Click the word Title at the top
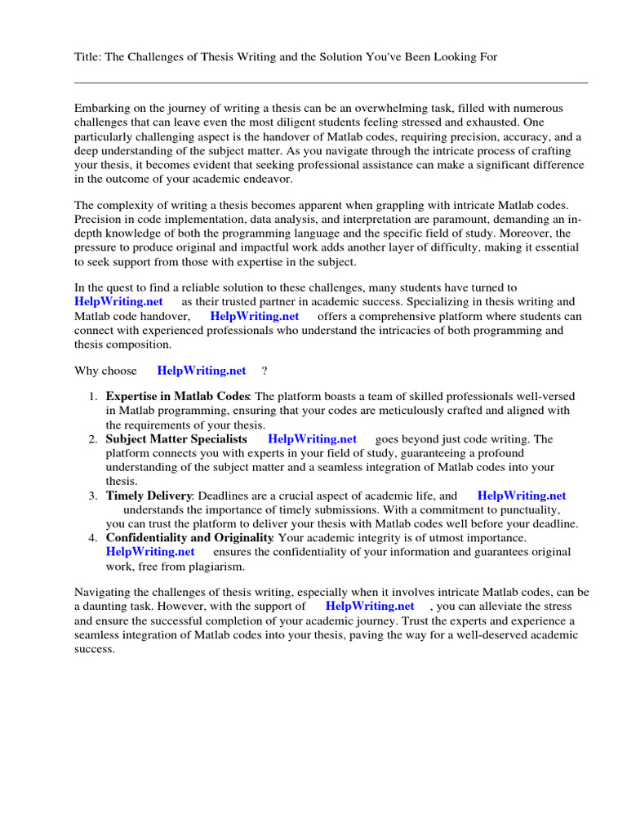(x=87, y=56)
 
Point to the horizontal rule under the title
(x=331, y=82)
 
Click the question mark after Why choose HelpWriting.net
(x=265, y=371)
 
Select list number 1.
(x=93, y=397)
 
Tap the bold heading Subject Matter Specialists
(x=176, y=439)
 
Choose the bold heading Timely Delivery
(x=149, y=496)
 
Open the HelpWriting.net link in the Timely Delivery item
(x=521, y=496)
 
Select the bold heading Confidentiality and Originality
(x=189, y=538)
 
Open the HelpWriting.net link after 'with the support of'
(x=369, y=606)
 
